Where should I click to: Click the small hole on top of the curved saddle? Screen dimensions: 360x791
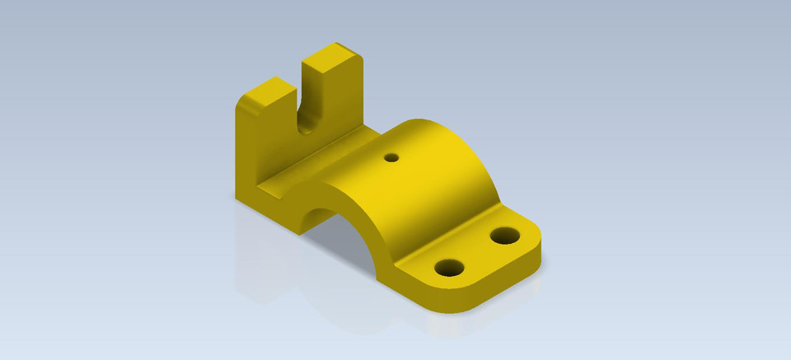coord(391,157)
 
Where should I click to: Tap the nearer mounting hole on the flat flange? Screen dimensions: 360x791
coord(449,268)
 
